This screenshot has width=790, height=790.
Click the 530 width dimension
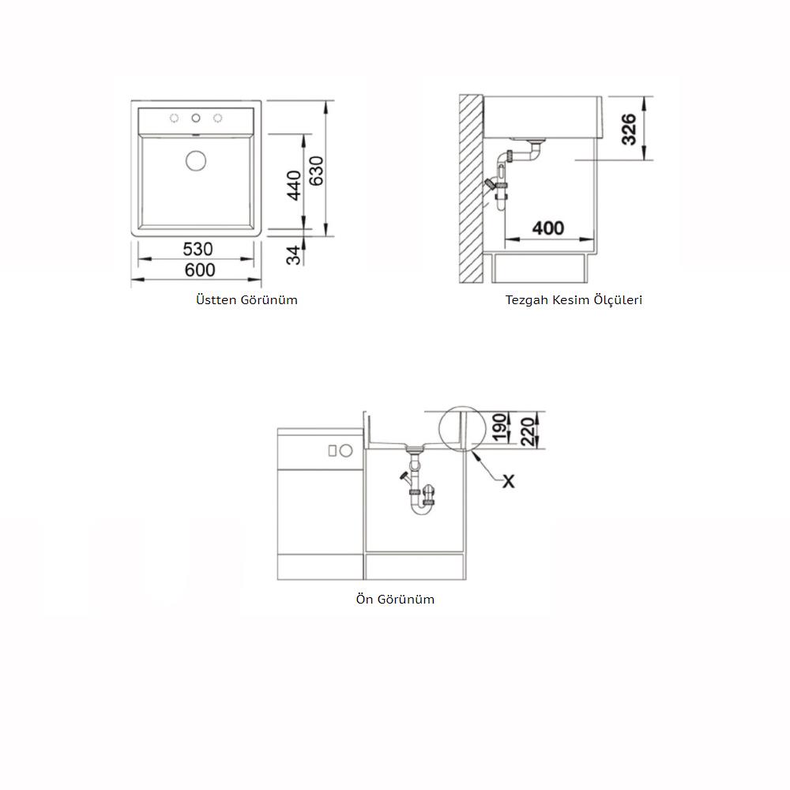(197, 248)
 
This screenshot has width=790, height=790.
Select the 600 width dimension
(200, 270)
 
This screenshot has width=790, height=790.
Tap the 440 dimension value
(294, 186)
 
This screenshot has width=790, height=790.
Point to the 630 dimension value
(316, 171)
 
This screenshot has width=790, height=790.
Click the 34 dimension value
(294, 255)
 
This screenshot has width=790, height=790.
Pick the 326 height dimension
(629, 130)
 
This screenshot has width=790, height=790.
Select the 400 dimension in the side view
(548, 228)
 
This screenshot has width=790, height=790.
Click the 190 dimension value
(498, 427)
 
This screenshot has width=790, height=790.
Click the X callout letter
(509, 481)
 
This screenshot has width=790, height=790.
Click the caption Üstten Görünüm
(246, 299)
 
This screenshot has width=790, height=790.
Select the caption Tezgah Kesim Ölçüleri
(574, 299)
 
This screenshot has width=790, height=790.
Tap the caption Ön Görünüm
(395, 599)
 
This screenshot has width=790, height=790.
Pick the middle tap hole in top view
(196, 118)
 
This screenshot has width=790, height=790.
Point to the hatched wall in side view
(471, 189)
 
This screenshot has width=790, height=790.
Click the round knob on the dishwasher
(346, 450)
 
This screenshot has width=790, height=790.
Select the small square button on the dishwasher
(332, 450)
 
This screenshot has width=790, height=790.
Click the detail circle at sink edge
(439, 430)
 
